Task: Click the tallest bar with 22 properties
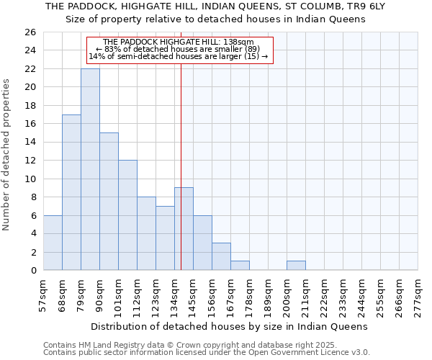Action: coord(90,169)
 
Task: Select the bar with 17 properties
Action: coord(71,192)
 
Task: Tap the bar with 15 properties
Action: coord(109,202)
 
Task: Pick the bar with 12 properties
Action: coord(127,215)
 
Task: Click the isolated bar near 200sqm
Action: coord(296,266)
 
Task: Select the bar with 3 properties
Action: coord(221,256)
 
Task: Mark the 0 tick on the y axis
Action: coord(32,271)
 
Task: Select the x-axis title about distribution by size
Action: coord(230,326)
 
